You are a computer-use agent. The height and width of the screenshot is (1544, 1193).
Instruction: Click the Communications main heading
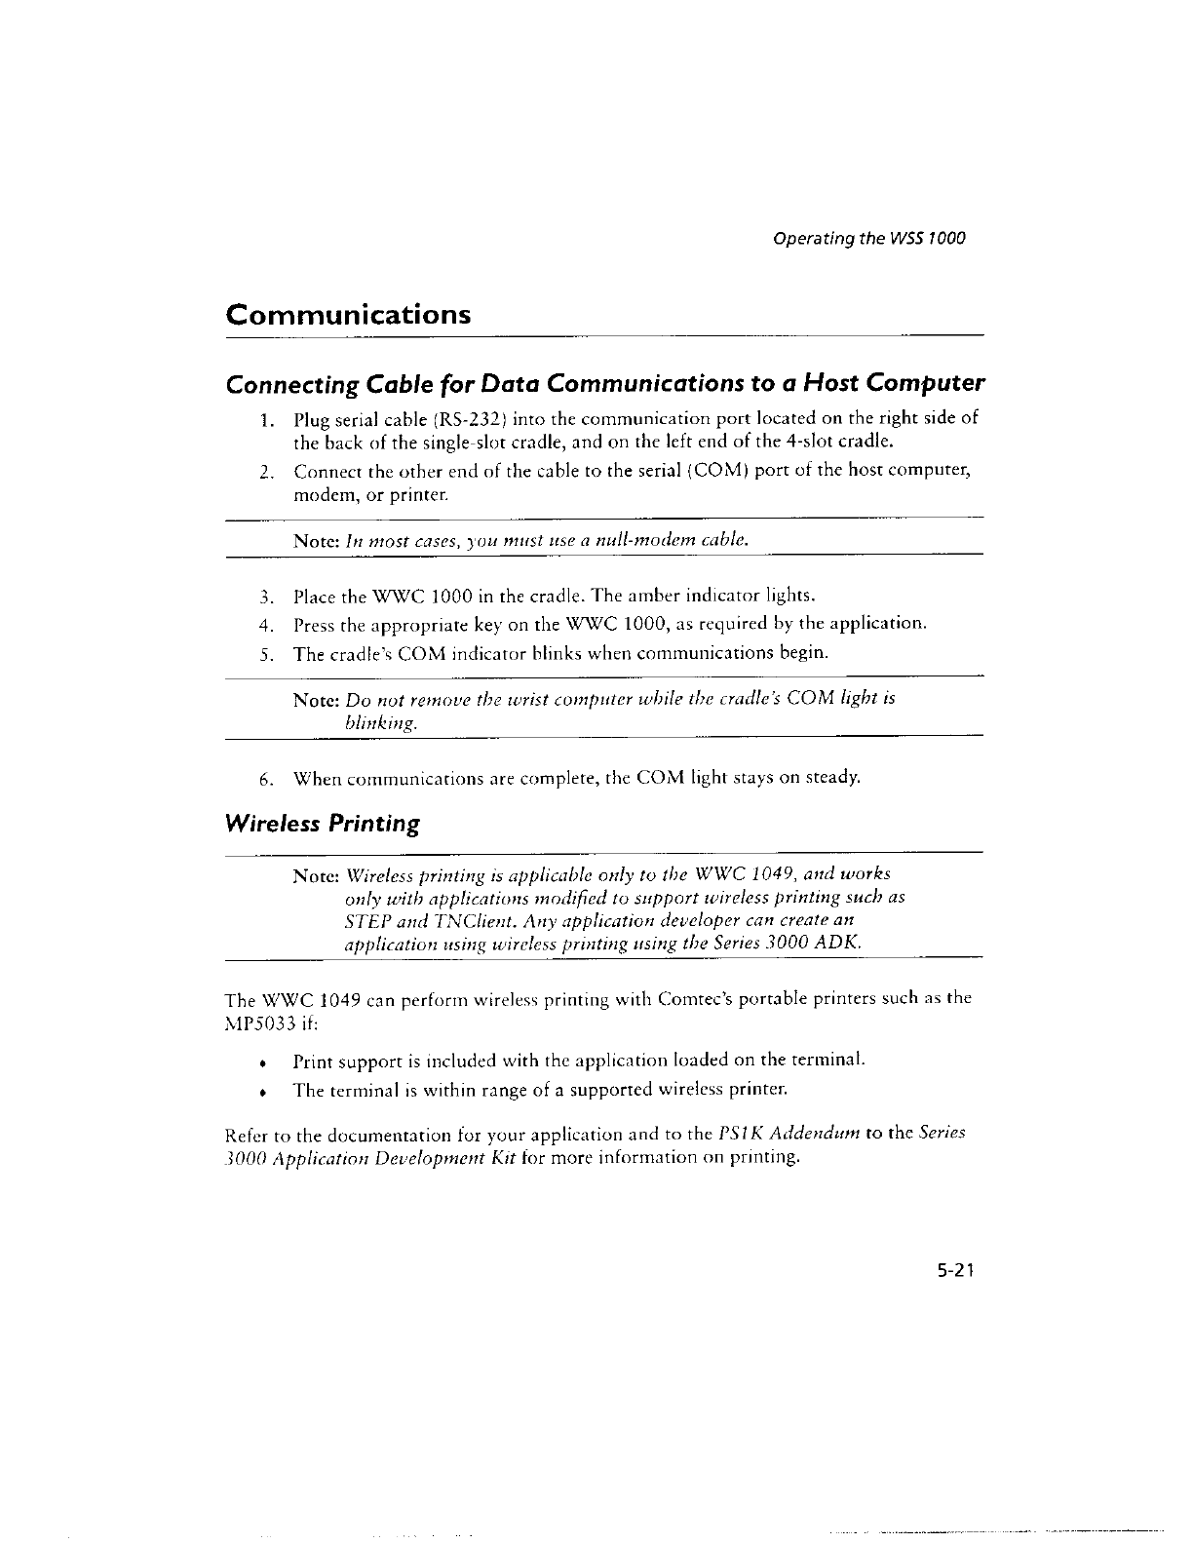(348, 316)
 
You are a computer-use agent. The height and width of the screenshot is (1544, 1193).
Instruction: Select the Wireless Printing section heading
(323, 825)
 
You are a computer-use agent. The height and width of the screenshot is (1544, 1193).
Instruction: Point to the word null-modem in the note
(663, 538)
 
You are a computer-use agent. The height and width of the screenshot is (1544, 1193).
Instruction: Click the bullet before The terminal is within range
(263, 1089)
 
